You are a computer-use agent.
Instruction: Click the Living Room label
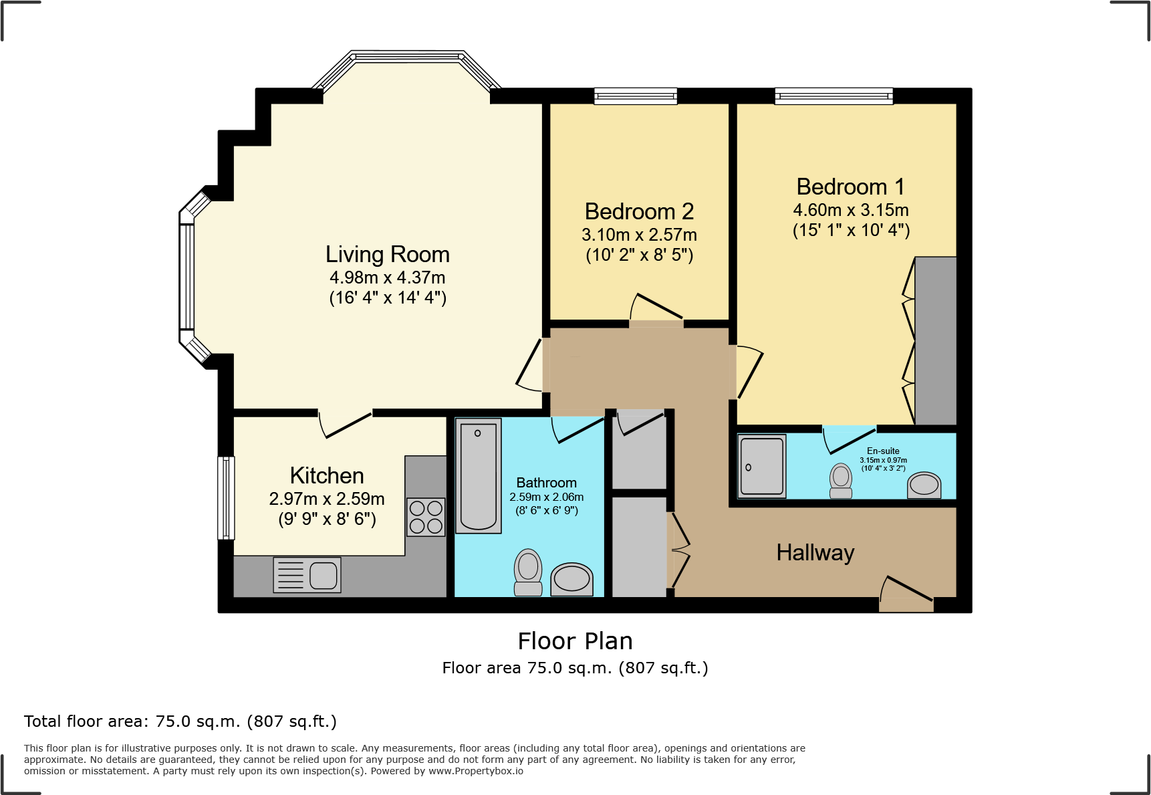click(387, 255)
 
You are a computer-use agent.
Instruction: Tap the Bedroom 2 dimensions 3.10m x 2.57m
click(639, 235)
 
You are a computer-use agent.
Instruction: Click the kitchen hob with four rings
click(426, 517)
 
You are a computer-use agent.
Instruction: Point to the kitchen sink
click(307, 575)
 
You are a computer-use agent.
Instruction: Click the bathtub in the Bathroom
click(479, 476)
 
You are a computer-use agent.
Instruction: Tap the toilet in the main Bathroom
click(528, 572)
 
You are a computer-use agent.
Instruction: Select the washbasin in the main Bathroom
click(572, 579)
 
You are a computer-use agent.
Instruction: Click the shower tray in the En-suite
click(762, 466)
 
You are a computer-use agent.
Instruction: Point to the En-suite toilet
click(841, 481)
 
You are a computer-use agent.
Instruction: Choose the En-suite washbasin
click(924, 485)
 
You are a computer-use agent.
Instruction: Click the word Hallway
click(815, 553)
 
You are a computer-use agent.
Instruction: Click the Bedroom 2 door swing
click(655, 309)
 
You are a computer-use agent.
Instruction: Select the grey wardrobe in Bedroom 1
click(935, 340)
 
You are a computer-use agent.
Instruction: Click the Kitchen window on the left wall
click(226, 497)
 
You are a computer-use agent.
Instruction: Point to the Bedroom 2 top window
click(636, 96)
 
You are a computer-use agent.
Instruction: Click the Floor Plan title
click(575, 641)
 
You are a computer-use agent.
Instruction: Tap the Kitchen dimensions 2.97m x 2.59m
click(327, 499)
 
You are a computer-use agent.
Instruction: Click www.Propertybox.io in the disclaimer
click(475, 771)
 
